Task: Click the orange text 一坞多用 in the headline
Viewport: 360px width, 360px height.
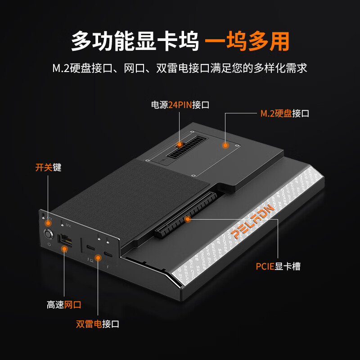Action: [247, 42]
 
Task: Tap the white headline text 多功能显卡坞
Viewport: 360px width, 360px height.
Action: [135, 42]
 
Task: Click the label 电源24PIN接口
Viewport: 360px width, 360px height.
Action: [180, 105]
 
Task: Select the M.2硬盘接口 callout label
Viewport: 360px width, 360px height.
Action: [285, 113]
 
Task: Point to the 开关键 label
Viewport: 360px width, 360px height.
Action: [48, 167]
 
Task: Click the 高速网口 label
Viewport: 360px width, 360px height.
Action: [64, 305]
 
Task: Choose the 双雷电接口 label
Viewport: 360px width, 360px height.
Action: [98, 324]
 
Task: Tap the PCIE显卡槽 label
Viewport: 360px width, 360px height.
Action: [278, 266]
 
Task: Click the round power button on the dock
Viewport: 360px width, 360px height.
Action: [48, 234]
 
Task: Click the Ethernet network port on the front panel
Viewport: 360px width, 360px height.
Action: [64, 239]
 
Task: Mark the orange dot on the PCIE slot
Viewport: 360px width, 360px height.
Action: [188, 219]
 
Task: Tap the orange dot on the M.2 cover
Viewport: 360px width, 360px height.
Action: [225, 145]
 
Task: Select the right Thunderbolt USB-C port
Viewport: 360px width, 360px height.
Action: [108, 254]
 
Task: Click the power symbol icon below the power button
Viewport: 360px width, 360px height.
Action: [49, 244]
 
